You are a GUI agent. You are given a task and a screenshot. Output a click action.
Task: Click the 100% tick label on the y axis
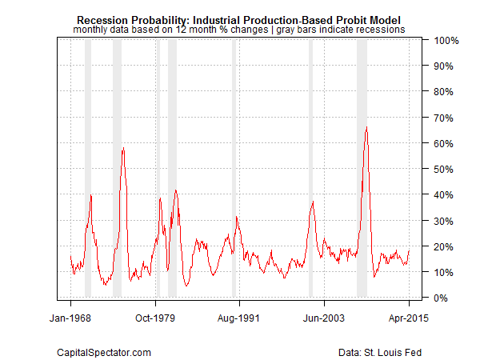tap(446, 40)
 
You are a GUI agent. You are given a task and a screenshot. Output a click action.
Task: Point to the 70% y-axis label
tap(445, 118)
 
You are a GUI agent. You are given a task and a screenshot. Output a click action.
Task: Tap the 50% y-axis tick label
tap(445, 169)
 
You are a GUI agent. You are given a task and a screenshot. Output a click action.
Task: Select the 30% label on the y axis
tap(445, 221)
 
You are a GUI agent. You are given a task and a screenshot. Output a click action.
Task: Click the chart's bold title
tap(239, 18)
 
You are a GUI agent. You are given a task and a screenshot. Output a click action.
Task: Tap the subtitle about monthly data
tap(239, 29)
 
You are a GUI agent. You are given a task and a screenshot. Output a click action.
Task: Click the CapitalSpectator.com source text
tap(104, 351)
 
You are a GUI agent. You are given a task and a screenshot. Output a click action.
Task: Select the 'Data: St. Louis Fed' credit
tap(378, 351)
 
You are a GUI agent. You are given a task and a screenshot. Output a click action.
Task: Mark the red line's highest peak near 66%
tap(366, 127)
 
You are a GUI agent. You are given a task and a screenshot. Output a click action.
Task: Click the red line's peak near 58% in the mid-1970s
tap(122, 148)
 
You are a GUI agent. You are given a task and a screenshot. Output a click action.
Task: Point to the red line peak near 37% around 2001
tap(312, 202)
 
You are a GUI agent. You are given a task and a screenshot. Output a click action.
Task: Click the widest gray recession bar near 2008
tap(362, 168)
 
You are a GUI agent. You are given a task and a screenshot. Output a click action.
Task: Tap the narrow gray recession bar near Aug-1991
tap(234, 168)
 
